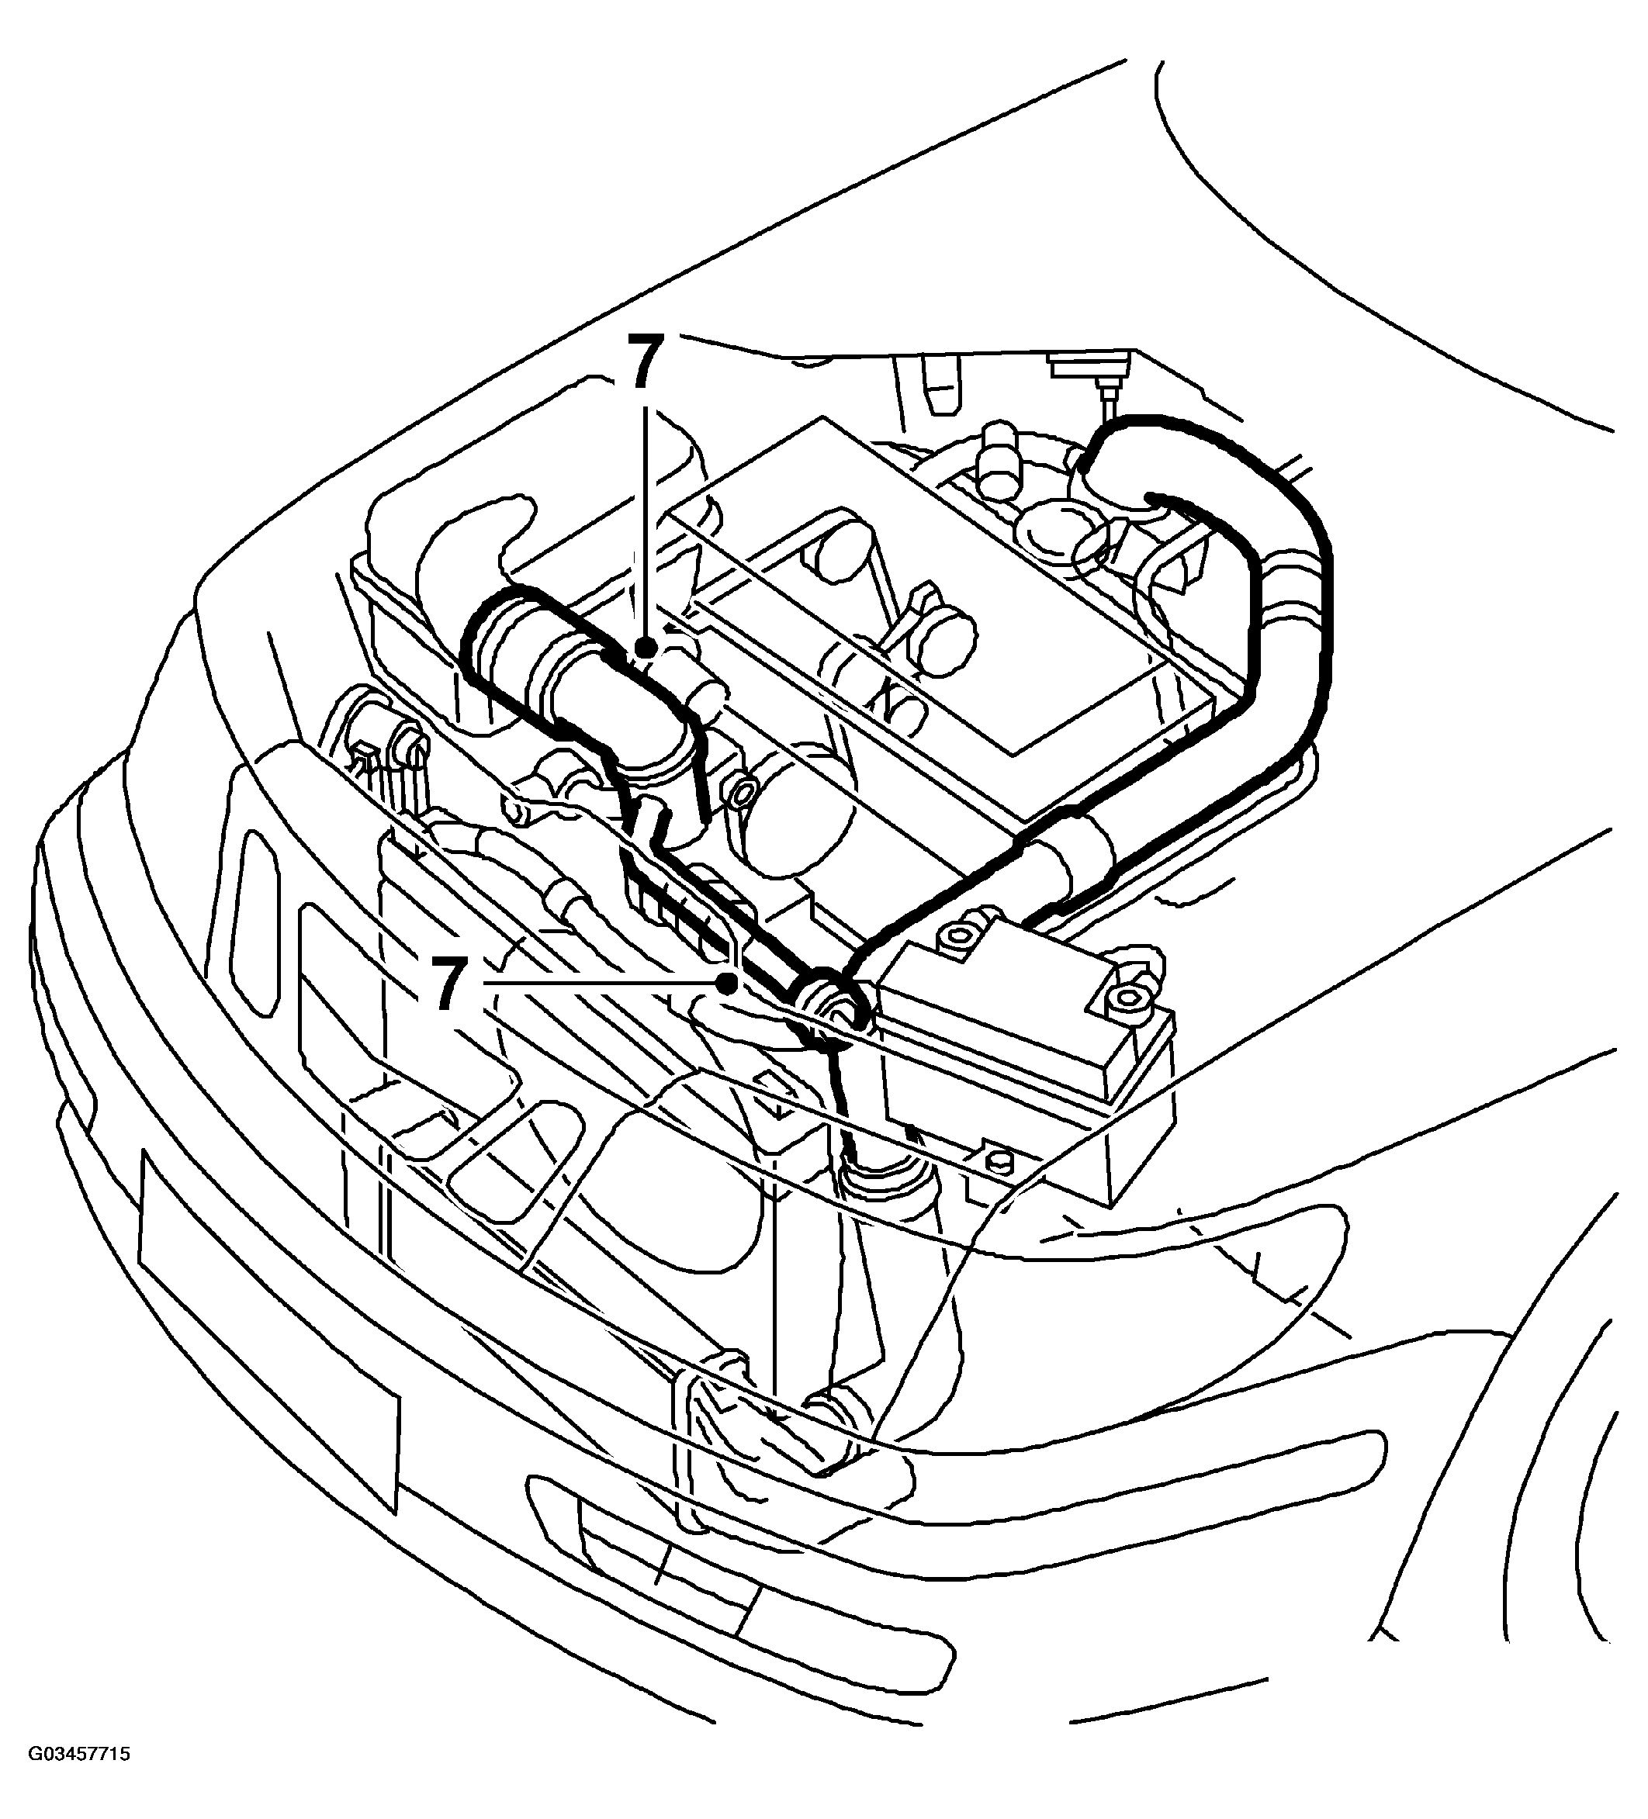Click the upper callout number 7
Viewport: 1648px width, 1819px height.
[x=643, y=363]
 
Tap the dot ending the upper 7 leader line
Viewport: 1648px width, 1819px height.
[x=643, y=647]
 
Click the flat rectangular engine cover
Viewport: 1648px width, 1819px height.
[x=930, y=586]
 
